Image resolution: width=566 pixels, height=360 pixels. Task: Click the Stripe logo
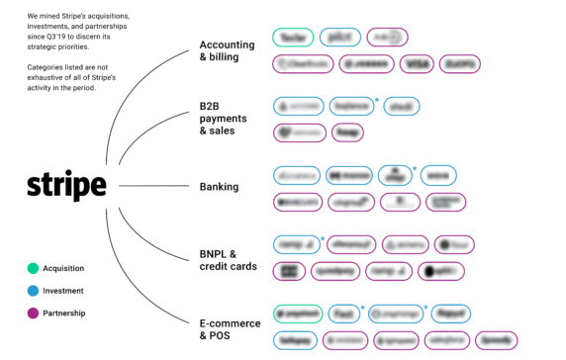pyautogui.click(x=66, y=185)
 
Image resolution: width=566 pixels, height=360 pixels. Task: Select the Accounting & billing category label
pyautogui.click(x=227, y=51)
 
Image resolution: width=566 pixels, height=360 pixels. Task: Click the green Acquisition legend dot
pyautogui.click(x=33, y=268)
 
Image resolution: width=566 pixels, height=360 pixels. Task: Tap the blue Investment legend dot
pyautogui.click(x=33, y=291)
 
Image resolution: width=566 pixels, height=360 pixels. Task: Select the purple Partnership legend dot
pyautogui.click(x=33, y=314)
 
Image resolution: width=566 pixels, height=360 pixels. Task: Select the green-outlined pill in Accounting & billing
pyautogui.click(x=294, y=37)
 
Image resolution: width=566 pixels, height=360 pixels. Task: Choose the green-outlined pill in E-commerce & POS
pyautogui.click(x=297, y=312)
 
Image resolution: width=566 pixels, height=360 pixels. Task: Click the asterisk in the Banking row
pyautogui.click(x=414, y=167)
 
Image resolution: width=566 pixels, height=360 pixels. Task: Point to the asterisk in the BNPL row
pyautogui.click(x=322, y=237)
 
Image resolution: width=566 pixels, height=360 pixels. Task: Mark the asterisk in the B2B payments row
pyautogui.click(x=376, y=98)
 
